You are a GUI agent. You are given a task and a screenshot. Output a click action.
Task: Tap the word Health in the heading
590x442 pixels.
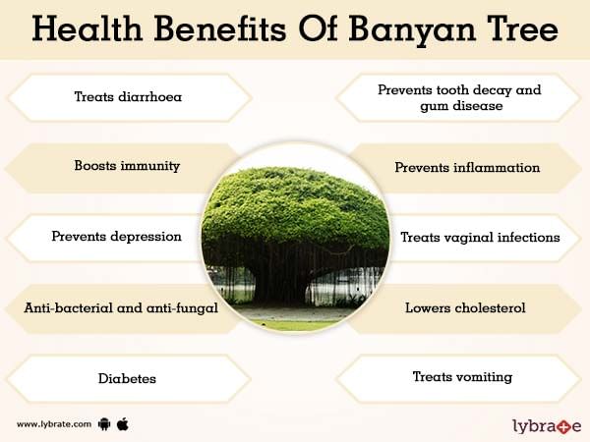[x=87, y=28]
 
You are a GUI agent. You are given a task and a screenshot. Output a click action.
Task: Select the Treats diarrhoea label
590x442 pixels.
[x=128, y=97]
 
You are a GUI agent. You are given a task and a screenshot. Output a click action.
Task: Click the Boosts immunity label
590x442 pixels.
[x=127, y=166]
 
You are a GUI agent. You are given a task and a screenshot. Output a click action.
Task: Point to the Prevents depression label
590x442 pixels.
[x=116, y=237]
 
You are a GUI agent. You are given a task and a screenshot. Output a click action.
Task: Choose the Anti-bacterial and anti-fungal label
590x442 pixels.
[x=121, y=308]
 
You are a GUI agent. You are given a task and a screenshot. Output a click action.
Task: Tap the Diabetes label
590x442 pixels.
[x=127, y=378]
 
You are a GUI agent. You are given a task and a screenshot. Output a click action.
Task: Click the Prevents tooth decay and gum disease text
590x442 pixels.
[x=460, y=97]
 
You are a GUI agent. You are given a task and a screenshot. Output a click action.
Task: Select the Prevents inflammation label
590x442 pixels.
[x=467, y=168]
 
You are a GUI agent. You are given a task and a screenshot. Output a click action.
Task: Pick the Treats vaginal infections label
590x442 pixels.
[x=480, y=238]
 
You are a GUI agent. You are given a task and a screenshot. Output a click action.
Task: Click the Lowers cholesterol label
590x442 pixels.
[x=465, y=308]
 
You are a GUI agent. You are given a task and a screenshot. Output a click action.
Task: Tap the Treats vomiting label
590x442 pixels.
[x=462, y=377]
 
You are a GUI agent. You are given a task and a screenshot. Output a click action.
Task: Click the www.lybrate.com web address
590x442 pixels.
[x=54, y=424]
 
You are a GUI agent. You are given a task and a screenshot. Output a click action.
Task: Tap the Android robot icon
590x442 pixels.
[x=104, y=424]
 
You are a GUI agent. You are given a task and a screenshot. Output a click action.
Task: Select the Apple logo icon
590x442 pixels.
[x=123, y=424]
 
